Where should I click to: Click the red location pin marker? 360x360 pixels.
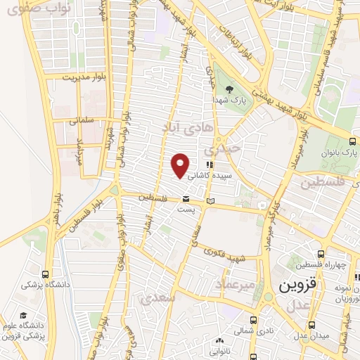click(x=181, y=165)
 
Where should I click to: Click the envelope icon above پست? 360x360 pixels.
click(x=186, y=198)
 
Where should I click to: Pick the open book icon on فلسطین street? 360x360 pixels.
click(x=211, y=202)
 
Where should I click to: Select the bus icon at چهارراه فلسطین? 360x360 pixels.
click(x=321, y=254)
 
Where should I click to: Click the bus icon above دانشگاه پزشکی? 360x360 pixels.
click(x=46, y=275)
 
